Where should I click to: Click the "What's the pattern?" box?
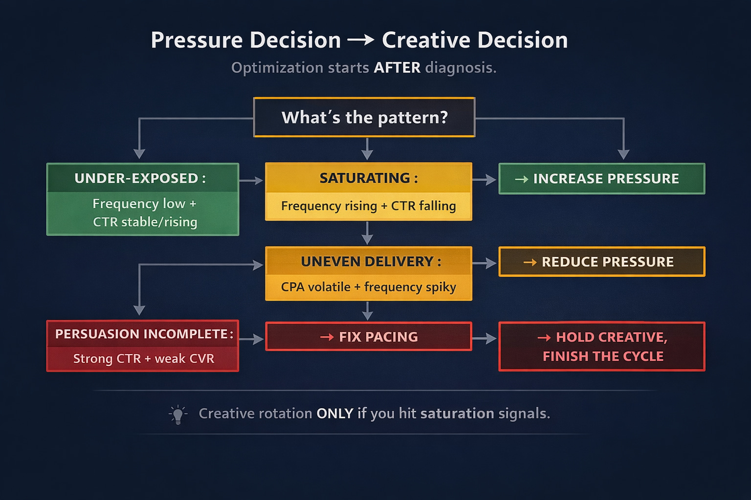(364, 118)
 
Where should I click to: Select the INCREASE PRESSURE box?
(601, 179)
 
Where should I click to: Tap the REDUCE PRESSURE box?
(601, 262)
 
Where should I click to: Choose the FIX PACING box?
(369, 336)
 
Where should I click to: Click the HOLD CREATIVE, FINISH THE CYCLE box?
(601, 346)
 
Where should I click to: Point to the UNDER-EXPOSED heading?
(140, 178)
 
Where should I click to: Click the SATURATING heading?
(369, 178)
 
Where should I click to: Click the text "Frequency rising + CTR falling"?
(368, 206)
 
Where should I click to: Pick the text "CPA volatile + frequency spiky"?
(368, 287)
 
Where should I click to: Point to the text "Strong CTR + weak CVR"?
(143, 358)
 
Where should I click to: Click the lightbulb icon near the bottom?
(178, 415)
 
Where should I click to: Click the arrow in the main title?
(361, 41)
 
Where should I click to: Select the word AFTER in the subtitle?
(397, 67)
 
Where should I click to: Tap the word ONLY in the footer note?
(334, 414)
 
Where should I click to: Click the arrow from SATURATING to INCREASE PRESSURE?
(485, 180)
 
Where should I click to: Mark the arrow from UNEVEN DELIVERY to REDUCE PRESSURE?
(485, 264)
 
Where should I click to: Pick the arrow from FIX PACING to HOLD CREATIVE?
(485, 338)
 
